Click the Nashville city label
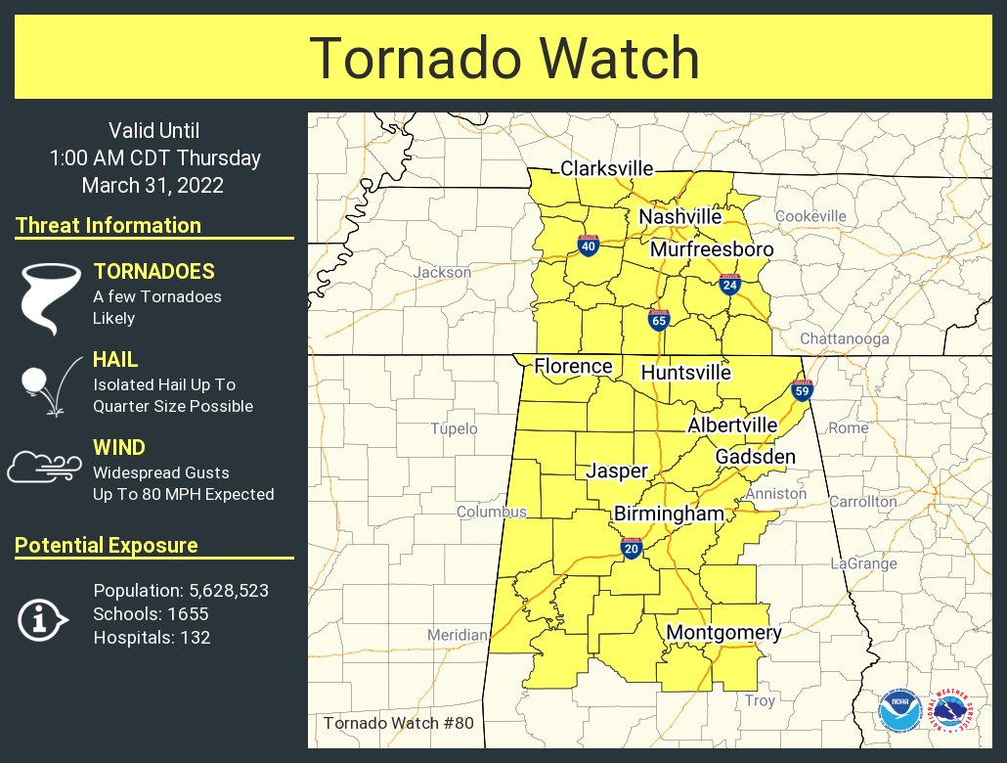680,216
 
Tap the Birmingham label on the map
669,514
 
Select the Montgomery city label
723,633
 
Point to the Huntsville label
685,373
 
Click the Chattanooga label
845,338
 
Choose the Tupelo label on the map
455,428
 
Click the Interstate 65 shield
659,320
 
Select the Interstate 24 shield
729,285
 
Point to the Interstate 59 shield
803,390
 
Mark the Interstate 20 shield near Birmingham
631,548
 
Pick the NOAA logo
898,711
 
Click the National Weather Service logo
951,711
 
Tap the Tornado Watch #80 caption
398,724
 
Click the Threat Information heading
109,226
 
